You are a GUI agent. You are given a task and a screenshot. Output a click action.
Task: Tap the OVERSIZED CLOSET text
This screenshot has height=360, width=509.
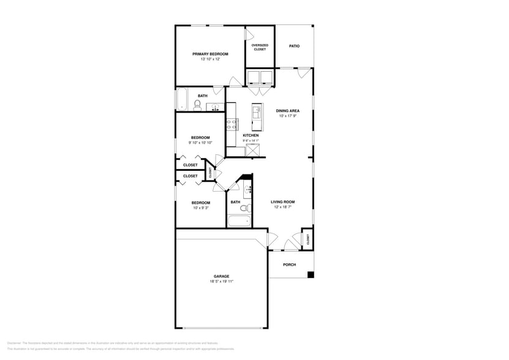point(260,47)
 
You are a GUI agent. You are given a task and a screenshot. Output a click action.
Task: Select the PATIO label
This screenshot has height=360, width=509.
point(294,46)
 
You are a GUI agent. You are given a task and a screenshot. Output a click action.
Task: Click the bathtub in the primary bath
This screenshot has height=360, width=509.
point(182,100)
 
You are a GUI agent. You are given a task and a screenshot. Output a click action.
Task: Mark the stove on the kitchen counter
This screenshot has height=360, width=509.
point(232,125)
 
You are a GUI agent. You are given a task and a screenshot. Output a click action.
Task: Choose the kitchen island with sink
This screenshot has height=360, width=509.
point(257,116)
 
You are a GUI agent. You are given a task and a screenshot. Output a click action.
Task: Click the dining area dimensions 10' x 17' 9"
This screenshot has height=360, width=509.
point(287,116)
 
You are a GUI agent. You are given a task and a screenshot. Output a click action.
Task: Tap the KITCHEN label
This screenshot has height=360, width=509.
point(251,135)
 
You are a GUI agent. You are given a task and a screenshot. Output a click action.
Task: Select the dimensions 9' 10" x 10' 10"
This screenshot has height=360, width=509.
point(200,143)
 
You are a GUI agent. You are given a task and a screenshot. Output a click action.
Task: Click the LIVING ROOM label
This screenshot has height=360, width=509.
point(282,202)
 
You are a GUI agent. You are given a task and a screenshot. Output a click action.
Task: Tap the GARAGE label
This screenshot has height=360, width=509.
point(221,276)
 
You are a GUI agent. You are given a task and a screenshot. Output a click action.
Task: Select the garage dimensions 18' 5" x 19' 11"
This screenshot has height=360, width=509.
point(221,282)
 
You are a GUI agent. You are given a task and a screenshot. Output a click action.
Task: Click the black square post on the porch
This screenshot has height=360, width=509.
point(311,274)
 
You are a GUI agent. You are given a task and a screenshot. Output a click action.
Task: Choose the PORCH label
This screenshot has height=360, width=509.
point(289,264)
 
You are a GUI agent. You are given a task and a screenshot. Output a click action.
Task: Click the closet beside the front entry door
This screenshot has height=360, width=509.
point(307,239)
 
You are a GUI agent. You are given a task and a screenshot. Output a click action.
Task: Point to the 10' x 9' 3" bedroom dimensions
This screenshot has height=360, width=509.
point(200,208)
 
